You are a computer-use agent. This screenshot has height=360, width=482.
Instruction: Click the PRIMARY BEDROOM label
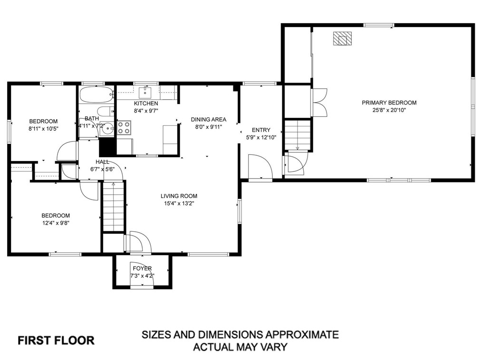(x=389, y=103)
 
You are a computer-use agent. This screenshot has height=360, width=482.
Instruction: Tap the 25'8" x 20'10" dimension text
(x=389, y=110)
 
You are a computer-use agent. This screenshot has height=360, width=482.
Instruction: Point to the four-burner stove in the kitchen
(x=124, y=127)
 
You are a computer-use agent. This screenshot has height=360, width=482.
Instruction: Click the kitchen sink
(x=145, y=92)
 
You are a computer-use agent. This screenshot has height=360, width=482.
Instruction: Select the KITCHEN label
(x=146, y=104)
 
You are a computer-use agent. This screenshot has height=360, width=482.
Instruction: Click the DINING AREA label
(x=209, y=119)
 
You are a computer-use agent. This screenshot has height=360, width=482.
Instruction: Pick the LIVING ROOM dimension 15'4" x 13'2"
(x=179, y=203)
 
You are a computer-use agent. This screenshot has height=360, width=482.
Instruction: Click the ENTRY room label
(x=261, y=130)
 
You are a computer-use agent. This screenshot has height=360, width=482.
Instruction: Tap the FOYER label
(x=142, y=268)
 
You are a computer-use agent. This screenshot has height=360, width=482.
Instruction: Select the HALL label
(x=102, y=162)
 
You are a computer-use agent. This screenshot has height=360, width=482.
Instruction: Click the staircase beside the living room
(x=113, y=207)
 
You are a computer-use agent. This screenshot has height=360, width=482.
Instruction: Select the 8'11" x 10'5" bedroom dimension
(x=43, y=128)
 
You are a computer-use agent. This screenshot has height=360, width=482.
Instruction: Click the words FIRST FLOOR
(x=56, y=340)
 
